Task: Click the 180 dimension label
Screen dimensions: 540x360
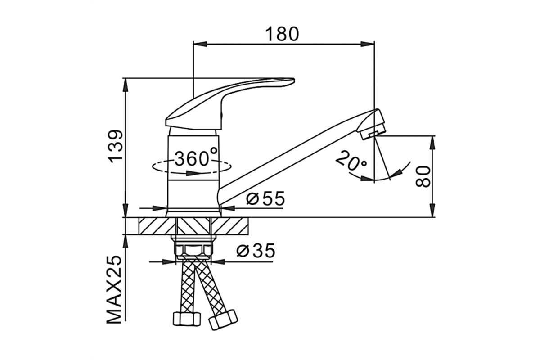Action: [282, 34]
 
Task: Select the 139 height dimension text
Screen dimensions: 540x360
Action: [116, 147]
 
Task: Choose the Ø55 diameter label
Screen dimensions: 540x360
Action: [265, 198]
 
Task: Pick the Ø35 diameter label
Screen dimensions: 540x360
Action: [256, 250]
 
